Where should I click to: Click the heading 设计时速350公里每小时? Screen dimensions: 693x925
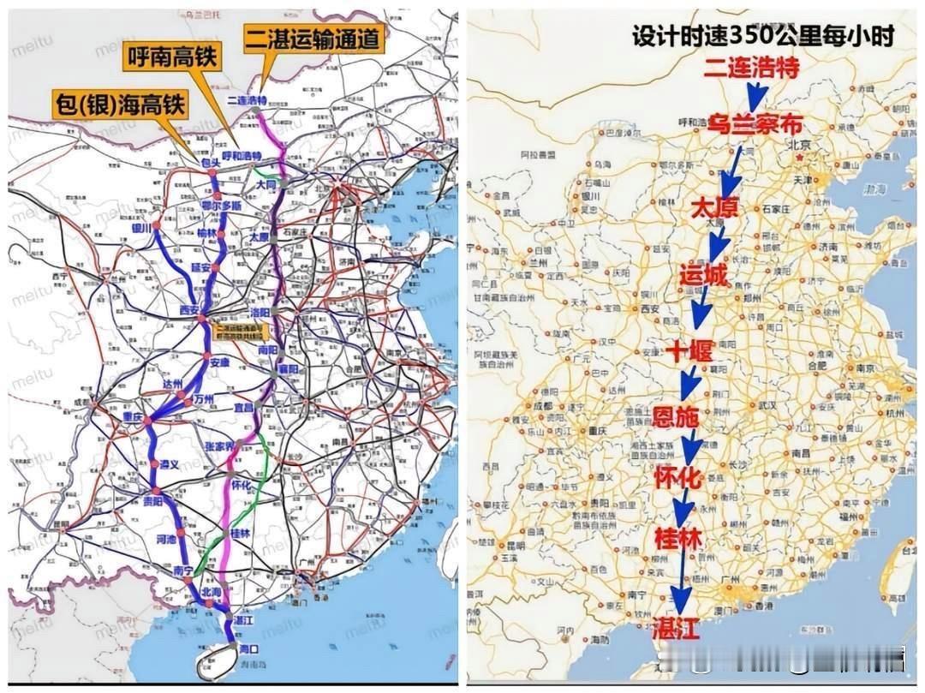(x=762, y=36)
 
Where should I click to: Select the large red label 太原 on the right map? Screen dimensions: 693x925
(x=713, y=208)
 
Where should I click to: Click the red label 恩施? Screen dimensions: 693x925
(x=677, y=417)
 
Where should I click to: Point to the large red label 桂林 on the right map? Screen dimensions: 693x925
(x=677, y=539)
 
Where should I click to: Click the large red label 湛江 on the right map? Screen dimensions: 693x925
(x=677, y=628)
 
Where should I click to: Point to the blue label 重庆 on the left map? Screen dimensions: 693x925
(x=132, y=417)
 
